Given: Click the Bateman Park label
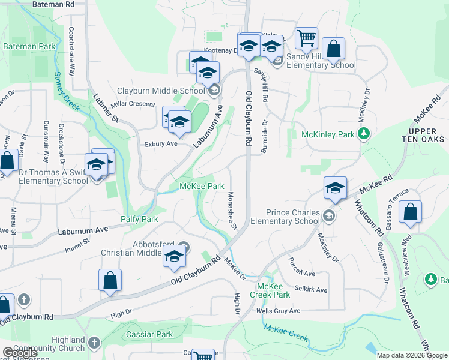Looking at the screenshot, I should pos(29,46).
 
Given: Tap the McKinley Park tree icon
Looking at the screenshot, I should pos(363,134).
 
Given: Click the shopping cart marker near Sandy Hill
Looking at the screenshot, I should pos(306,38).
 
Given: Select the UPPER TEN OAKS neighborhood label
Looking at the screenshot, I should pos(426,134).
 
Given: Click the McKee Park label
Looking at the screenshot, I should pos(202,187).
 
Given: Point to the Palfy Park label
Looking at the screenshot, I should pos(139,220).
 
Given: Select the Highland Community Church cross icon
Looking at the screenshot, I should pos(93,343).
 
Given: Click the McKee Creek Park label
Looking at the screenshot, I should pos(273,290).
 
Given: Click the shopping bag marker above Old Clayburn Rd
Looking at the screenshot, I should pos(110,280).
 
